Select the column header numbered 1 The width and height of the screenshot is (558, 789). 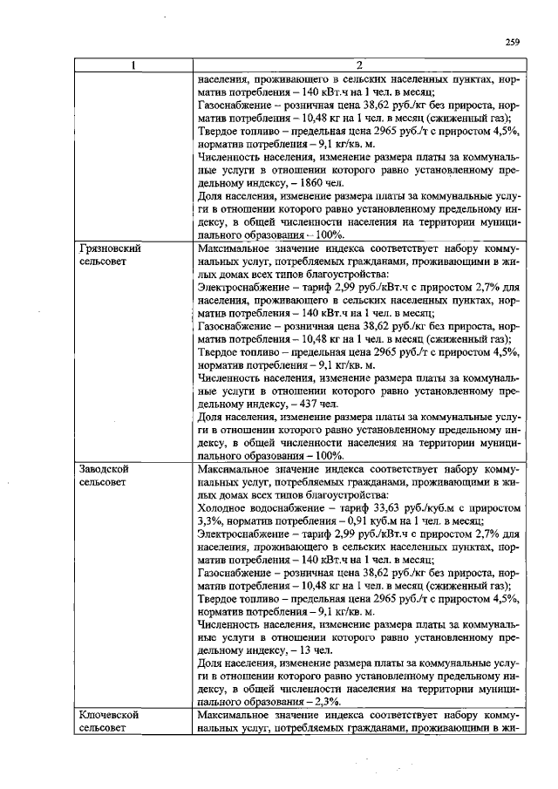(132, 65)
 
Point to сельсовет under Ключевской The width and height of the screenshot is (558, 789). (107, 727)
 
